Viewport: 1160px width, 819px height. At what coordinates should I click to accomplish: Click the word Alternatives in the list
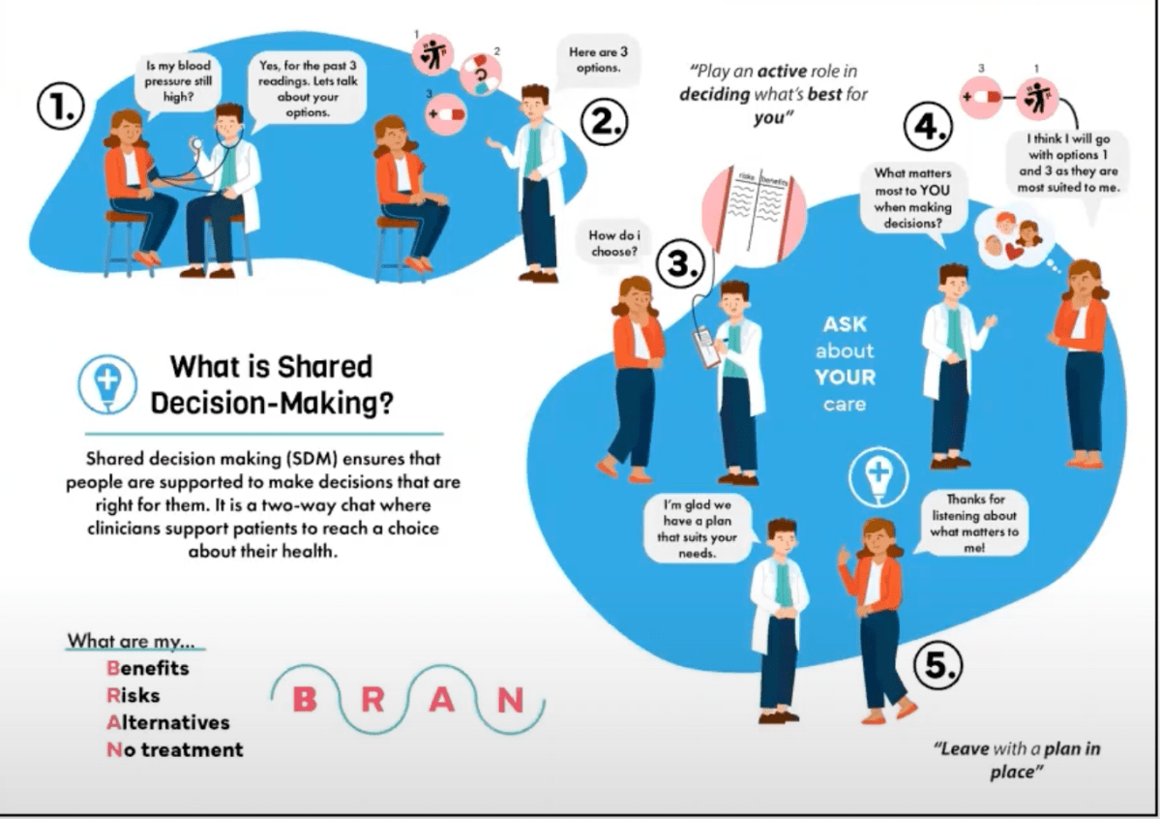(168, 722)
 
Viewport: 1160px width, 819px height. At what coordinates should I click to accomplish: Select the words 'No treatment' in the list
(175, 749)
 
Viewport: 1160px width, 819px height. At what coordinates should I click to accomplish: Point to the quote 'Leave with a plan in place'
(1017, 761)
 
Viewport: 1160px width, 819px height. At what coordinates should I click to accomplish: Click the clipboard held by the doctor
(708, 345)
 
